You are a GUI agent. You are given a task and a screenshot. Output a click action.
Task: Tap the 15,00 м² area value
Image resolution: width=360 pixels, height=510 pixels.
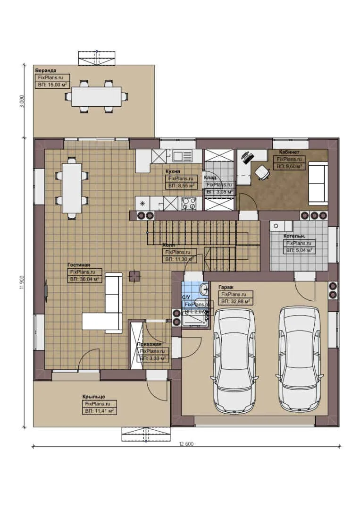pos(52,85)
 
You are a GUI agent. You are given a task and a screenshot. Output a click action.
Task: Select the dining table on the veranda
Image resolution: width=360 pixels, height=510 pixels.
pos(96,96)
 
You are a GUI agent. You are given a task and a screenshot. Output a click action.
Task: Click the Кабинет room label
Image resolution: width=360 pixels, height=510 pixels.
pos(289,152)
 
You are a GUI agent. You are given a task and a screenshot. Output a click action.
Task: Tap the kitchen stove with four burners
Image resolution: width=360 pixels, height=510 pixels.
pos(190,204)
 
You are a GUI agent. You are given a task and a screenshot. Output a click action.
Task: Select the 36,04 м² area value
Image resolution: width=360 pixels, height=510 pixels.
pos(85,280)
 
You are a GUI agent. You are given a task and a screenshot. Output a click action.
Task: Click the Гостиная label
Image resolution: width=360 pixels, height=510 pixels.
pos(78,265)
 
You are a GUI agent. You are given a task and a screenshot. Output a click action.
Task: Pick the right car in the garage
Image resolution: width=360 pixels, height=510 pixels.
pos(300,359)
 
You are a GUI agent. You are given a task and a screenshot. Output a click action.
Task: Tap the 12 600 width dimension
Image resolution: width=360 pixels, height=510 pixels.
pos(186,444)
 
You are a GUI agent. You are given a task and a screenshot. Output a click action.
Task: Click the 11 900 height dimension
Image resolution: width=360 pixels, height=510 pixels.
pos(22,282)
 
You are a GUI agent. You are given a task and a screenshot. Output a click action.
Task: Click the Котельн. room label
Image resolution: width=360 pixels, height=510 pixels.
pos(294,236)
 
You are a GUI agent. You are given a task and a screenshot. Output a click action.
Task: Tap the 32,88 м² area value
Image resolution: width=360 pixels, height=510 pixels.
pos(236,301)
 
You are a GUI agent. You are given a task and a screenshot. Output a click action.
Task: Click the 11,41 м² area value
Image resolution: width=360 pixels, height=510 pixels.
pos(100,411)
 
